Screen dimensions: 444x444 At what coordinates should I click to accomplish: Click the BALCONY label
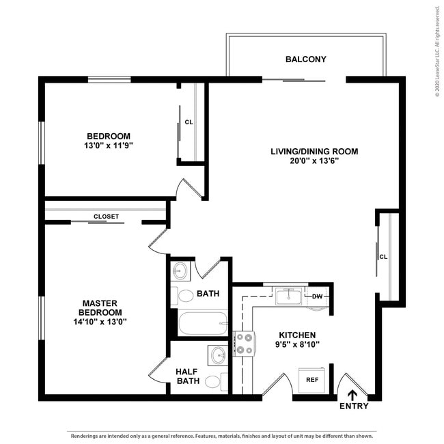click(305, 59)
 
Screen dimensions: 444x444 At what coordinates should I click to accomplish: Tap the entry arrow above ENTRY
click(353, 394)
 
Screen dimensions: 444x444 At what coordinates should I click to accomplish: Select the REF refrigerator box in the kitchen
click(311, 379)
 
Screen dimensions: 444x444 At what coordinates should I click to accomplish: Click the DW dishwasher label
click(317, 296)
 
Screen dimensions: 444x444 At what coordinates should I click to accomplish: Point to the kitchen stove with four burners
click(244, 344)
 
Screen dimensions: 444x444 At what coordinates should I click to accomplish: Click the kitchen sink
click(289, 297)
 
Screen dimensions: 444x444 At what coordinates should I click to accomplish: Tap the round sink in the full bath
click(180, 271)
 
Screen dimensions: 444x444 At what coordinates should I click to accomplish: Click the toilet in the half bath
click(213, 381)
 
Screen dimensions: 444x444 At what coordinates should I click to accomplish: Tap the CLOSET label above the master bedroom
click(106, 217)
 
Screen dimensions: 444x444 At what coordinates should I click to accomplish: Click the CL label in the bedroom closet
click(189, 122)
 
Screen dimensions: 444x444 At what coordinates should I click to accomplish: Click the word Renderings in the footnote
click(86, 435)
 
